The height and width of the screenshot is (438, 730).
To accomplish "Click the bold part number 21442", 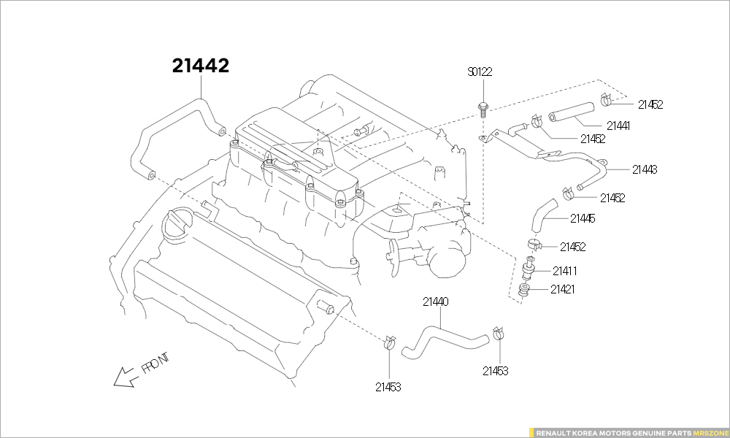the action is pyautogui.click(x=201, y=66).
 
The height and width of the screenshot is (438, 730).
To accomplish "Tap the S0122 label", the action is pyautogui.click(x=480, y=72).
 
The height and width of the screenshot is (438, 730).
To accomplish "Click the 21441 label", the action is pyautogui.click(x=618, y=126).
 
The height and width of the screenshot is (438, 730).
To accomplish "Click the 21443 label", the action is pyautogui.click(x=645, y=170).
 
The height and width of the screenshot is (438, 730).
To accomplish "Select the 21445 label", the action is pyautogui.click(x=583, y=219).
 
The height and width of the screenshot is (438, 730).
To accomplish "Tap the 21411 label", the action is pyautogui.click(x=565, y=271).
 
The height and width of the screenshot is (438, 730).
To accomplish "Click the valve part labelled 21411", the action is pyautogui.click(x=529, y=268).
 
